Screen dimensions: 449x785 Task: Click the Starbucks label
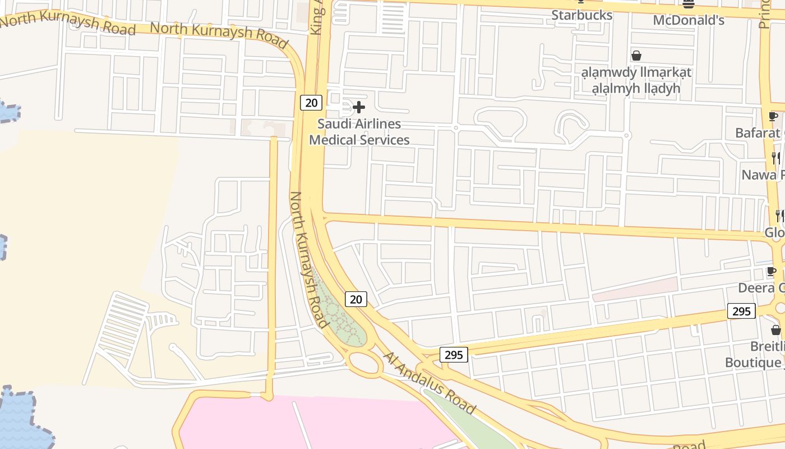coord(581,15)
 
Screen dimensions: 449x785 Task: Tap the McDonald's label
coord(689,21)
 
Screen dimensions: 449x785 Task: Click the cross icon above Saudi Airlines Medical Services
coord(359,107)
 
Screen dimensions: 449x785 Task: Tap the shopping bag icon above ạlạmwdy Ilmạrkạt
coord(636,56)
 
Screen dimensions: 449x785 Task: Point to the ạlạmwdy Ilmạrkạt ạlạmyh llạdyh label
coord(636,80)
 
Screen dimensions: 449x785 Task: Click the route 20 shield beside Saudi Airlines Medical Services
coord(311,102)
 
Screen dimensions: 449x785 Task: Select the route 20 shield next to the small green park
coord(355,299)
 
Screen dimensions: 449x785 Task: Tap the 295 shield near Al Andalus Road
coord(454,355)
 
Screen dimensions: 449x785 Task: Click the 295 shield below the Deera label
coord(741,311)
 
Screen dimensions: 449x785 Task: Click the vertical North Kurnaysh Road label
coord(308,259)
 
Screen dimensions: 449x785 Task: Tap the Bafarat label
coord(758,133)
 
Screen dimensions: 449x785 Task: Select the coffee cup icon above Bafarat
coord(773,117)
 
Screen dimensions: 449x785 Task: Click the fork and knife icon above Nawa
coord(775,158)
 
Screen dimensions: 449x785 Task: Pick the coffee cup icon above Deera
coord(772,272)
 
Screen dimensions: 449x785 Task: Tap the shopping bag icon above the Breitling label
coord(775,329)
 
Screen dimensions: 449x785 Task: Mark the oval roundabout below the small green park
coord(364,363)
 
